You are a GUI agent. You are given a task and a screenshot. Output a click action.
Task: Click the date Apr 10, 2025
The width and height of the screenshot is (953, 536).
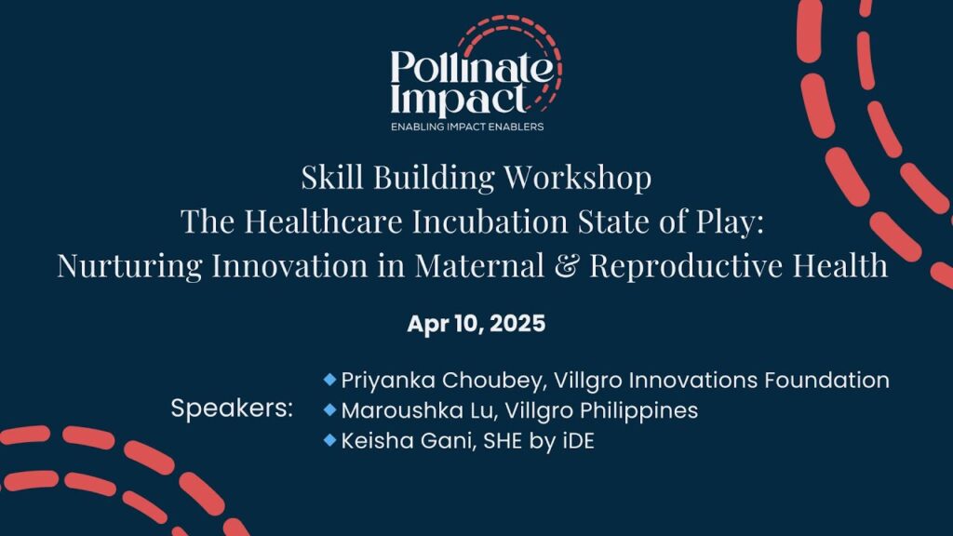(476, 325)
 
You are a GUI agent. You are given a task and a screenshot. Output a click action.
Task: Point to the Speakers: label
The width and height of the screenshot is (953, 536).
(232, 409)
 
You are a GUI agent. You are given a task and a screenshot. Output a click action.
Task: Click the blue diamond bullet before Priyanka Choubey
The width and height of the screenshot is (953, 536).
(329, 380)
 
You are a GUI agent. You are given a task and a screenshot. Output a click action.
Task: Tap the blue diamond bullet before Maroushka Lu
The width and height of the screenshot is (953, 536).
(329, 410)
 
